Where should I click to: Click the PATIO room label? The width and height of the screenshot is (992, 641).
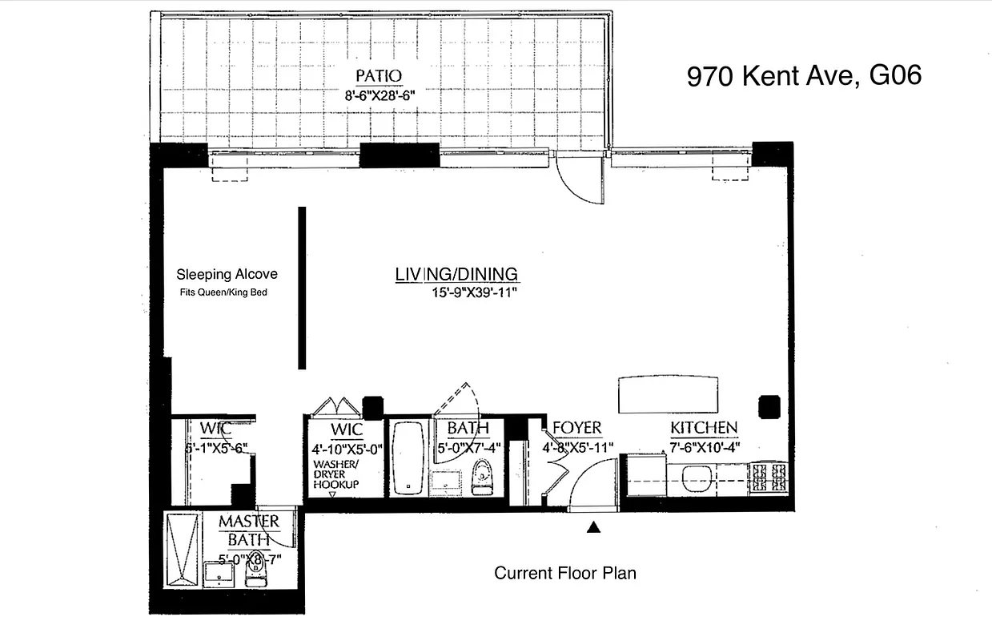pyautogui.click(x=378, y=76)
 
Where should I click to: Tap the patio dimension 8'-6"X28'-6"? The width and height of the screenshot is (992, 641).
pyautogui.click(x=379, y=94)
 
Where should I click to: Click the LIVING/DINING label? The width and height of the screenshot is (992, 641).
pyautogui.click(x=456, y=274)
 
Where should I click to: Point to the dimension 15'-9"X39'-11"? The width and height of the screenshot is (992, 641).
pyautogui.click(x=473, y=293)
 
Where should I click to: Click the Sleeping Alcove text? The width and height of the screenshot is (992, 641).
pyautogui.click(x=227, y=274)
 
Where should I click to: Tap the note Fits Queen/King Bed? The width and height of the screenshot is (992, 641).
pyautogui.click(x=223, y=292)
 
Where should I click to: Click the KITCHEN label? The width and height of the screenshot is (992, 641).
pyautogui.click(x=703, y=428)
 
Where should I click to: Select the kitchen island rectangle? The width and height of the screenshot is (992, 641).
pyautogui.click(x=667, y=394)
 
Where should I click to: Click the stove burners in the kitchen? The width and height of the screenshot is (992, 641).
pyautogui.click(x=769, y=478)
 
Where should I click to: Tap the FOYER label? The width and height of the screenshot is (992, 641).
pyautogui.click(x=576, y=428)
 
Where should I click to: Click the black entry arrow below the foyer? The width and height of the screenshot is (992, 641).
pyautogui.click(x=593, y=526)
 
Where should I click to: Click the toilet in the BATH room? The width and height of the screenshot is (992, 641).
pyautogui.click(x=482, y=478)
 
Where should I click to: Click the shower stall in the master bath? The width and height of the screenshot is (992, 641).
pyautogui.click(x=181, y=550)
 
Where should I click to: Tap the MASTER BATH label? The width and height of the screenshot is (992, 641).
pyautogui.click(x=249, y=530)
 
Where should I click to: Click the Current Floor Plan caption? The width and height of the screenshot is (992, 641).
pyautogui.click(x=564, y=573)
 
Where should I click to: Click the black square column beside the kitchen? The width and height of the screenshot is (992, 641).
pyautogui.click(x=769, y=405)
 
